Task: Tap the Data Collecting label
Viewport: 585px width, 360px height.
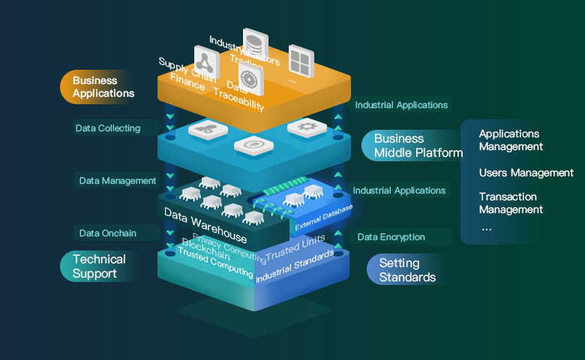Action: [x=108, y=128]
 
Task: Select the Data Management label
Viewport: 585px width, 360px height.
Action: [x=118, y=181]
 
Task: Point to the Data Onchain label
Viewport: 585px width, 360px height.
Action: [x=108, y=233]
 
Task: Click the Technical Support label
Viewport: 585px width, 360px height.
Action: [x=99, y=266]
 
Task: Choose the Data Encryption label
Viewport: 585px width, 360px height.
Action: [x=391, y=237]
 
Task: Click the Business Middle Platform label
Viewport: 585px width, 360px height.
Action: [x=417, y=145]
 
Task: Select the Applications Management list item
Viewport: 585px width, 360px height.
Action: [x=511, y=140]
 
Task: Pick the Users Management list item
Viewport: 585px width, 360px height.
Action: [x=526, y=173]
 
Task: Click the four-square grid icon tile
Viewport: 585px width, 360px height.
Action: [x=301, y=58]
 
